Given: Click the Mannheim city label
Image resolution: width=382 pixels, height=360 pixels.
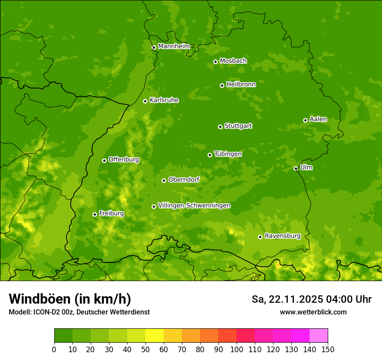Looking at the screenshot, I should (x=174, y=46).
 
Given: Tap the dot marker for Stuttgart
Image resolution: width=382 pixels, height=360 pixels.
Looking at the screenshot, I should (x=220, y=127).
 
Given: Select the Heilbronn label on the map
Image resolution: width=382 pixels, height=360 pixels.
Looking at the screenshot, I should (x=241, y=84).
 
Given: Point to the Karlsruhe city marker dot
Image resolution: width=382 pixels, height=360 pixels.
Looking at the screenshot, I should (x=145, y=101).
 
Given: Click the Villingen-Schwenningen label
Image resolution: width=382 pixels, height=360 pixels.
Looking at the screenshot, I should (x=194, y=205).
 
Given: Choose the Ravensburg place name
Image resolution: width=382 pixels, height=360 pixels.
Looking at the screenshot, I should (x=282, y=236).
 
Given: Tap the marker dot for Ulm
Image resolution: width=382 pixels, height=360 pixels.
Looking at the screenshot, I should (x=296, y=168).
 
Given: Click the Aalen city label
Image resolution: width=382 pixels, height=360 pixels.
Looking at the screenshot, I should (x=318, y=119).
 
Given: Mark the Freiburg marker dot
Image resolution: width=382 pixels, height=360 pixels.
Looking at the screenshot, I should (x=95, y=214).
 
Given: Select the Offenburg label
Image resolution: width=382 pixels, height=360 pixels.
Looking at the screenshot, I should (x=124, y=159).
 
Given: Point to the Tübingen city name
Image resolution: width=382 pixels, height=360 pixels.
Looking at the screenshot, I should (x=228, y=154).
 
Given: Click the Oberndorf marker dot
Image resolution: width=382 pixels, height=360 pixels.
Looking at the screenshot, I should (x=164, y=180).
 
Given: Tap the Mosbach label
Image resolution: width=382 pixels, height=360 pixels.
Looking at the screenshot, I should (x=233, y=61).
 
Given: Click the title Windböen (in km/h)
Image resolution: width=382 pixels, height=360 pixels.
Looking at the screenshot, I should (x=69, y=299).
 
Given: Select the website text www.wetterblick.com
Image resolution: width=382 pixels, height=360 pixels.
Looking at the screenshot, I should (x=313, y=312).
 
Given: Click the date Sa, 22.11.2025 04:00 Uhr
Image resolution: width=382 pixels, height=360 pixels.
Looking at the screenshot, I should (x=311, y=299).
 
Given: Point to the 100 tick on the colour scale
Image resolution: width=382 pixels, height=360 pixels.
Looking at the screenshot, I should (x=237, y=349).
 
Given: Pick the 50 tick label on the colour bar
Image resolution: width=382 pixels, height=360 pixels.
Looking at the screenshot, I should (x=145, y=349).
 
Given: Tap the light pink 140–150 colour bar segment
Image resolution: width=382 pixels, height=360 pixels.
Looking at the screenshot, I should (x=319, y=336).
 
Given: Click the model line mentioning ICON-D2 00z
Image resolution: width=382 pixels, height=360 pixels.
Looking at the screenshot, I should (x=79, y=312).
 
